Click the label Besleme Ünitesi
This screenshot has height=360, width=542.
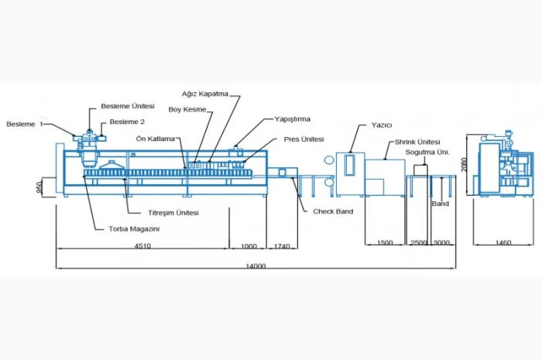click(128, 106)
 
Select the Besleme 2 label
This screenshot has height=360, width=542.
click(127, 122)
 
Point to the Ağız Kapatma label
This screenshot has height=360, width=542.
click(205, 94)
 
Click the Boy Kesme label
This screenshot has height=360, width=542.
click(187, 109)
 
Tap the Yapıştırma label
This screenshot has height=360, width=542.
click(292, 119)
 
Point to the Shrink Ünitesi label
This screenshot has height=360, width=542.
click(417, 142)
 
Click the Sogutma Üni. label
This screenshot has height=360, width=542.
click(427, 153)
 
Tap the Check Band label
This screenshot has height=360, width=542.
click(333, 211)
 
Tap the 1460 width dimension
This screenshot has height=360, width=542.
click(503, 243)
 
